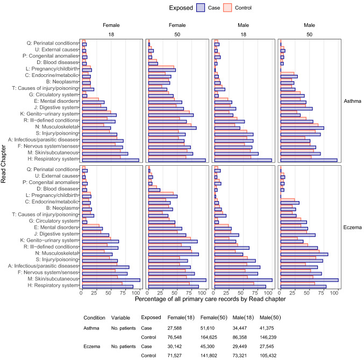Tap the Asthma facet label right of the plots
click(x=352, y=101)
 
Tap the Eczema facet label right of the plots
click(x=352, y=227)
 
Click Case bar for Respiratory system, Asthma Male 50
click(x=309, y=160)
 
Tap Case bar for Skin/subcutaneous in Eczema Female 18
click(x=110, y=280)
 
